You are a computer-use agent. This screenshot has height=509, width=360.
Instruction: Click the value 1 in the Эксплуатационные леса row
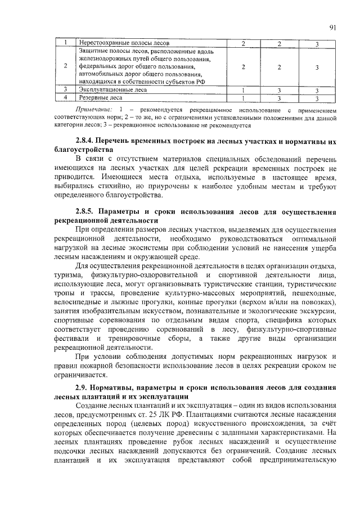coord(242,89)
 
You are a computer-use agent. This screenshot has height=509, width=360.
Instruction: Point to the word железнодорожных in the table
coord(106,58)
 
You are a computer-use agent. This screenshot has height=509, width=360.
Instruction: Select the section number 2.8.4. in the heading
coord(88,140)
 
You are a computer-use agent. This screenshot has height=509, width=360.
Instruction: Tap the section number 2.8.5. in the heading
coord(88,212)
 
